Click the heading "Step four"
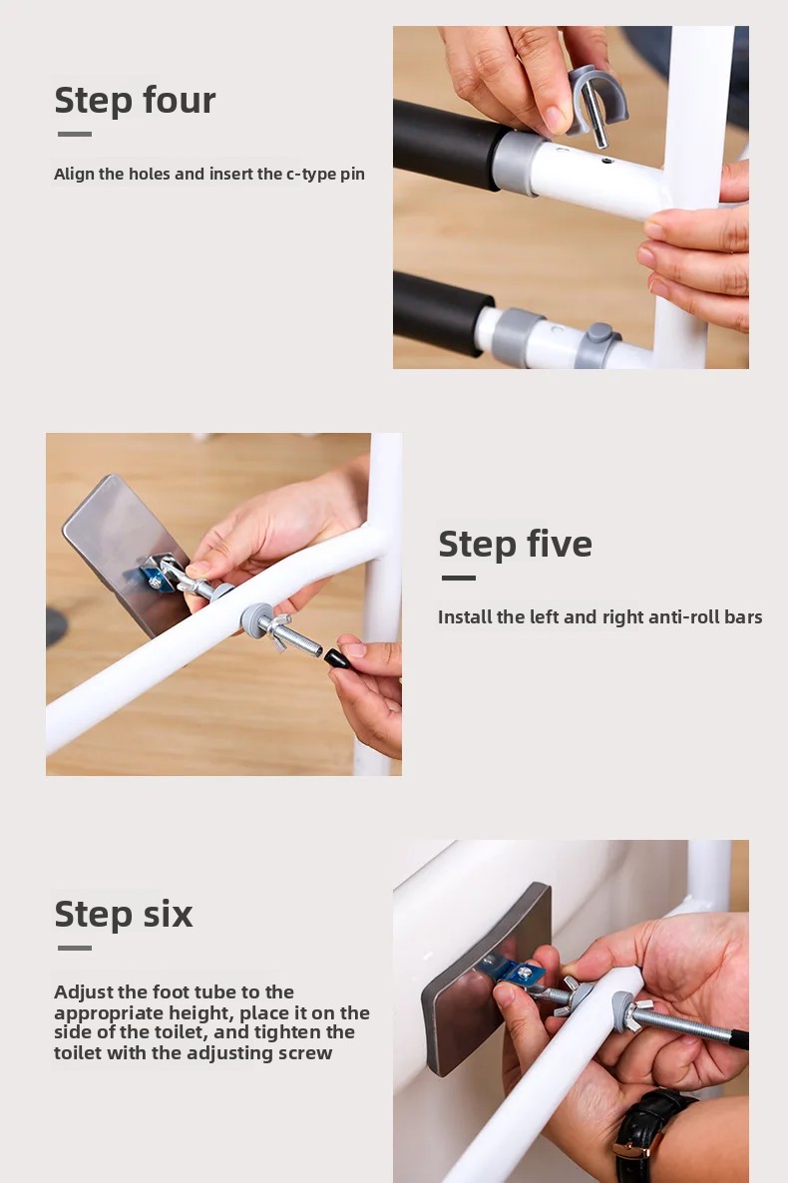pyautogui.click(x=135, y=101)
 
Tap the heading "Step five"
pyautogui.click(x=516, y=544)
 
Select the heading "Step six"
pyautogui.click(x=124, y=914)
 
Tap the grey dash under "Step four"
pyautogui.click(x=75, y=135)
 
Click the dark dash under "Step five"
pyautogui.click(x=459, y=578)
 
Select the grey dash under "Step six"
pyautogui.click(x=75, y=948)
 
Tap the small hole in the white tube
pyautogui.click(x=606, y=161)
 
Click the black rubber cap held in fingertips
pyautogui.click(x=336, y=658)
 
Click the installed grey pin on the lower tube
pyautogui.click(x=597, y=345)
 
